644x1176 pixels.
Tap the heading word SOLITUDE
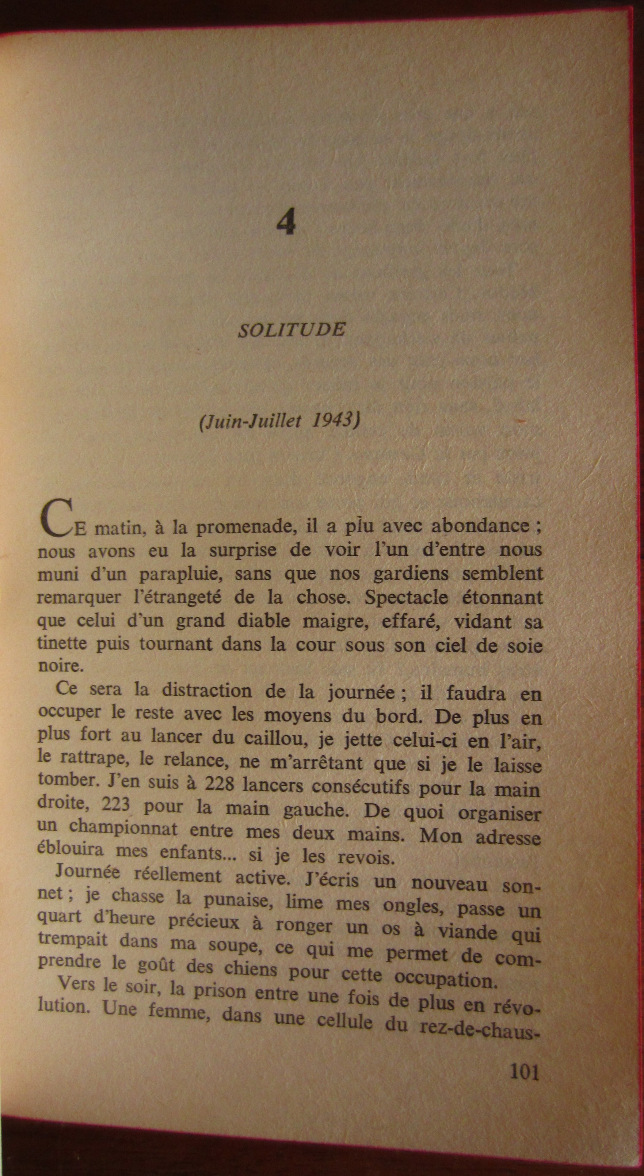pos(292,329)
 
